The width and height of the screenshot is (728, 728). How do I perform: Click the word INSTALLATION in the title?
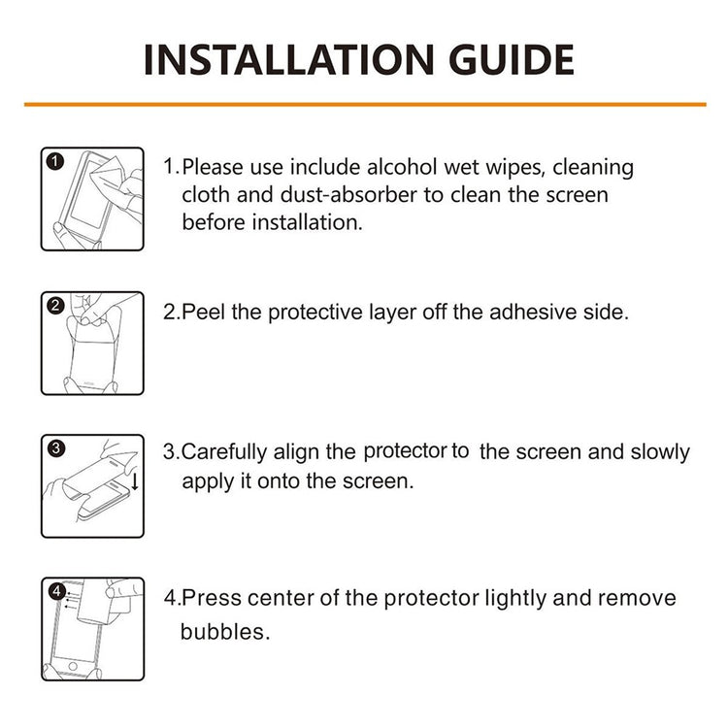pyautogui.click(x=289, y=60)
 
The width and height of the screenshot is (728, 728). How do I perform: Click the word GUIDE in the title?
pyautogui.click(x=512, y=60)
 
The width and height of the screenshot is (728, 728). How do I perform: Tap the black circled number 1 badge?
pyautogui.click(x=55, y=162)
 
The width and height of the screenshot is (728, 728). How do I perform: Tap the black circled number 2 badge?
pyautogui.click(x=55, y=306)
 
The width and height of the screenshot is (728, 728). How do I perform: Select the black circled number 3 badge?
pyautogui.click(x=56, y=448)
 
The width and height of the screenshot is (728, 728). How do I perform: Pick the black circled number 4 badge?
pyautogui.click(x=56, y=591)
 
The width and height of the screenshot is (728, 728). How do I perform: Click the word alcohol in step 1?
pyautogui.click(x=402, y=167)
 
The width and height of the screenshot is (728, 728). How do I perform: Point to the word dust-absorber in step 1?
pyautogui.click(x=348, y=194)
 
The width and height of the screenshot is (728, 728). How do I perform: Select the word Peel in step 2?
pyautogui.click(x=203, y=312)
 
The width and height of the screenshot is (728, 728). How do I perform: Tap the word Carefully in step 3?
pyautogui.click(x=224, y=452)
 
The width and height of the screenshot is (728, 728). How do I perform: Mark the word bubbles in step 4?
pyautogui.click(x=225, y=632)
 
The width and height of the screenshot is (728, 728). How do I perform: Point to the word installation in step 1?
pyautogui.click(x=307, y=222)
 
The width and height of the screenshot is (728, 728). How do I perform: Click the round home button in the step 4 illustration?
pyautogui.click(x=73, y=666)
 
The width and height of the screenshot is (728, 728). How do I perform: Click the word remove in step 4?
pyautogui.click(x=637, y=598)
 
